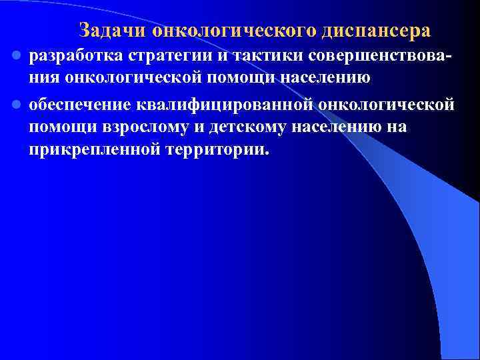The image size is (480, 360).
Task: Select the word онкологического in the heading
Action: coord(235,31)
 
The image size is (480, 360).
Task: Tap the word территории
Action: coord(213,148)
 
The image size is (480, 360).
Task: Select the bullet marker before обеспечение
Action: coord(18,105)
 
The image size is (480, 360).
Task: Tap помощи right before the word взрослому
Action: coord(59,127)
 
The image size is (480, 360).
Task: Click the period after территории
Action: coord(268,152)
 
